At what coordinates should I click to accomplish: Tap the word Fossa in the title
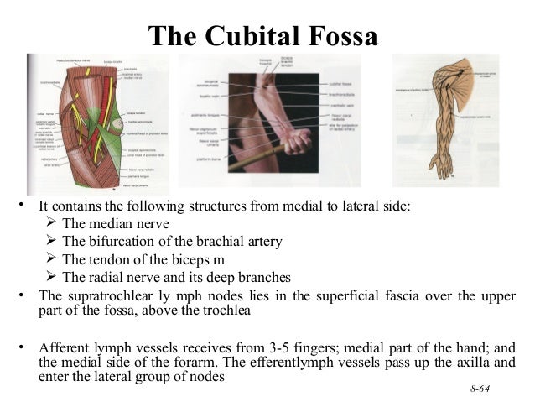coord(343,35)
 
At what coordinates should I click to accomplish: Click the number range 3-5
coord(293,348)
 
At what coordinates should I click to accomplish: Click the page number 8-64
coord(480,391)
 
